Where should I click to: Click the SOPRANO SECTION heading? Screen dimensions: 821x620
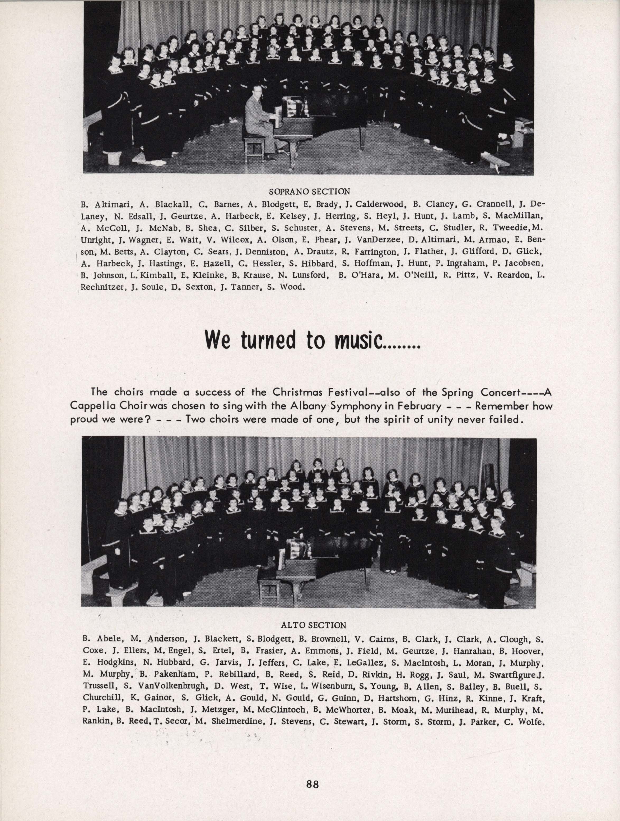(309, 192)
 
